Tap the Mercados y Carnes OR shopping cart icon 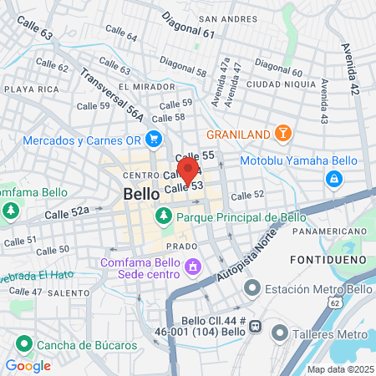click(x=153, y=139)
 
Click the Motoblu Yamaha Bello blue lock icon click(x=333, y=178)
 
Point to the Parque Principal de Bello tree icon click(x=163, y=216)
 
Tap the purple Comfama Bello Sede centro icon click(x=193, y=267)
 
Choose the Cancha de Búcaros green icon click(x=23, y=344)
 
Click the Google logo click(x=28, y=365)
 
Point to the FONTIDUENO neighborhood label click(x=323, y=261)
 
